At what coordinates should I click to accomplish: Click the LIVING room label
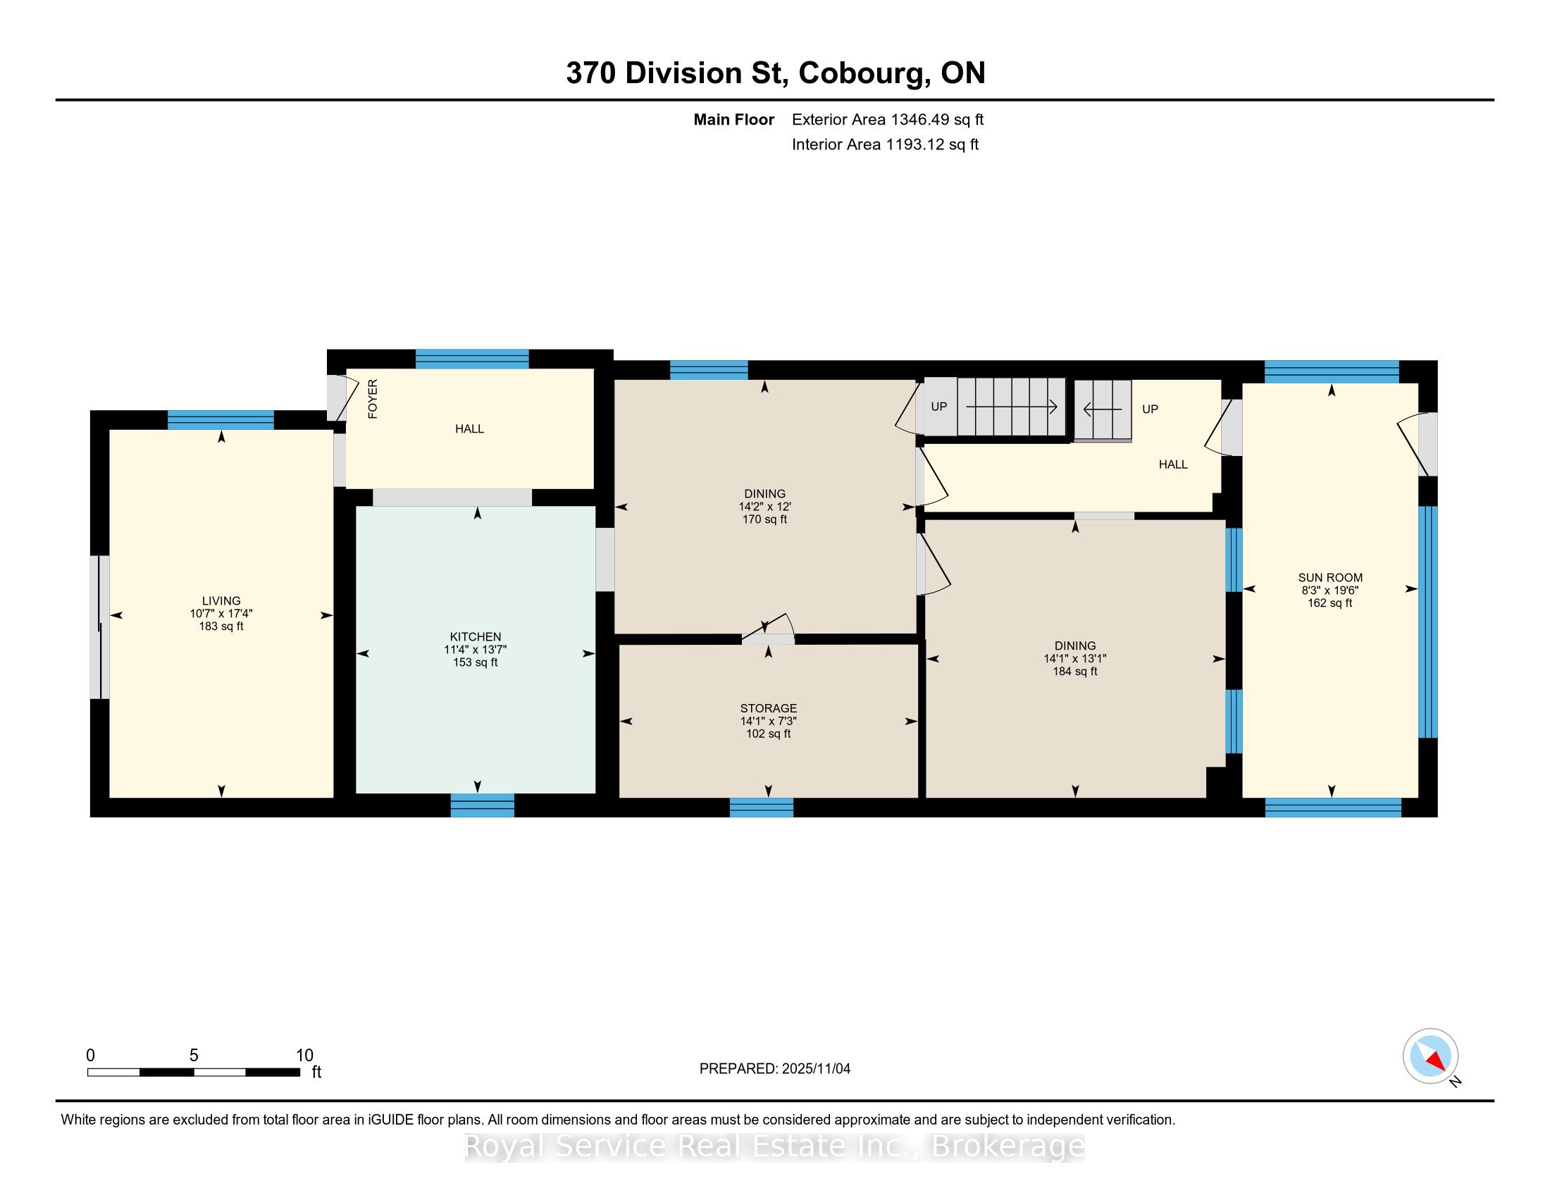click(x=221, y=600)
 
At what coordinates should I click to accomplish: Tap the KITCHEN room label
click(x=476, y=636)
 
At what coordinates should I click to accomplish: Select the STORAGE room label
click(x=769, y=708)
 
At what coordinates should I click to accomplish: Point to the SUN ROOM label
click(x=1331, y=578)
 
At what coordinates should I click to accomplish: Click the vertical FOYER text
click(x=373, y=398)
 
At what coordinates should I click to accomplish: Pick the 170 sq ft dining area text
click(x=765, y=519)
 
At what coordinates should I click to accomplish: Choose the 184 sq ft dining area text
click(x=1075, y=672)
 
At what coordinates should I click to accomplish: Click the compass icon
click(x=1431, y=1056)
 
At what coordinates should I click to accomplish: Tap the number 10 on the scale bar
click(x=304, y=1055)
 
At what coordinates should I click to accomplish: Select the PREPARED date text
click(x=775, y=1068)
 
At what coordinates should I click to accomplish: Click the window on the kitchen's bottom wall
click(x=483, y=805)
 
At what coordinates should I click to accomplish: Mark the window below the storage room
click(x=762, y=807)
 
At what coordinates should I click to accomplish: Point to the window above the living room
click(x=221, y=420)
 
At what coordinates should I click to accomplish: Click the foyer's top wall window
click(x=472, y=359)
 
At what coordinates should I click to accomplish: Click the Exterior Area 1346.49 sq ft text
click(x=888, y=119)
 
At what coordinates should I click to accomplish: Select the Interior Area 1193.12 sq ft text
click(x=885, y=144)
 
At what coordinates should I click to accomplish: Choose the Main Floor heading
click(x=734, y=119)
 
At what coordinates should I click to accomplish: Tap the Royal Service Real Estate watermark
click(x=775, y=1146)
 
